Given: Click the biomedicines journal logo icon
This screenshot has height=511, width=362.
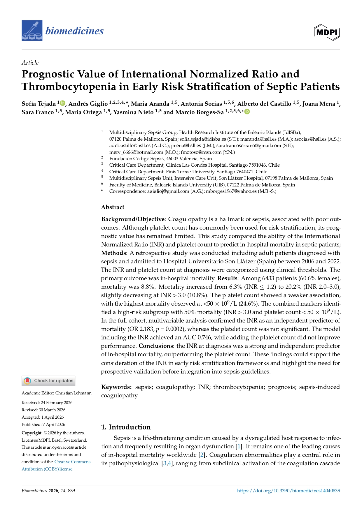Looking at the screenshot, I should (32, 30).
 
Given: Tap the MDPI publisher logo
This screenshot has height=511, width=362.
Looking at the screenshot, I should (327, 32).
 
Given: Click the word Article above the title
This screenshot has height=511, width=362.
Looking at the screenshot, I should (30, 63).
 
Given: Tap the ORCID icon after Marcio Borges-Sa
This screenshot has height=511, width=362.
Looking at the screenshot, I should (247, 112).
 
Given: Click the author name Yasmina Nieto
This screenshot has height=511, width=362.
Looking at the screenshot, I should (133, 112).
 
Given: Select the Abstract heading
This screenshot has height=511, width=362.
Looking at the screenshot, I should (113, 207).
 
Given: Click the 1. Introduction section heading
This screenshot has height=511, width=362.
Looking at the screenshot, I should (126, 427).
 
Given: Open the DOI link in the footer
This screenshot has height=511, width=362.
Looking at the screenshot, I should (288, 491).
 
